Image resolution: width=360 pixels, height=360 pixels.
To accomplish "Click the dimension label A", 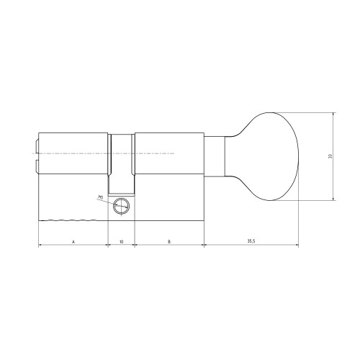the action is coord(73,241).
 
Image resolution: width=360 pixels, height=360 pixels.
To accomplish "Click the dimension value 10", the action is coord(121,241).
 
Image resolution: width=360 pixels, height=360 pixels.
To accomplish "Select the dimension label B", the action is coord(169,241).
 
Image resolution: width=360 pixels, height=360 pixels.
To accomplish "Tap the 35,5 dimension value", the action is coord(251,241).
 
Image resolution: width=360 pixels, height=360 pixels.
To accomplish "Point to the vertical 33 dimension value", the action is coord(330,156).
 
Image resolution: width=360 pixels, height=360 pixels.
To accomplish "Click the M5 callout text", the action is coord(100,198).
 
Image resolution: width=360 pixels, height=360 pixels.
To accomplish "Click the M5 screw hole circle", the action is coord(121,206).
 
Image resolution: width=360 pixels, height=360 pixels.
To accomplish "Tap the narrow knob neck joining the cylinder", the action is coord(215,156).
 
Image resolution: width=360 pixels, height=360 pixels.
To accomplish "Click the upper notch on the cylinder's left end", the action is coord(37,145).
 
